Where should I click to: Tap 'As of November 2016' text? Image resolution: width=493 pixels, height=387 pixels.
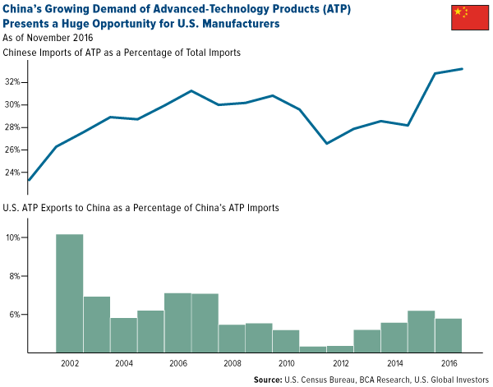[x=48, y=38]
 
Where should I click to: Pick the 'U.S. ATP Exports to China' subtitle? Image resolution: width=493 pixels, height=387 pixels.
[x=141, y=209]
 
